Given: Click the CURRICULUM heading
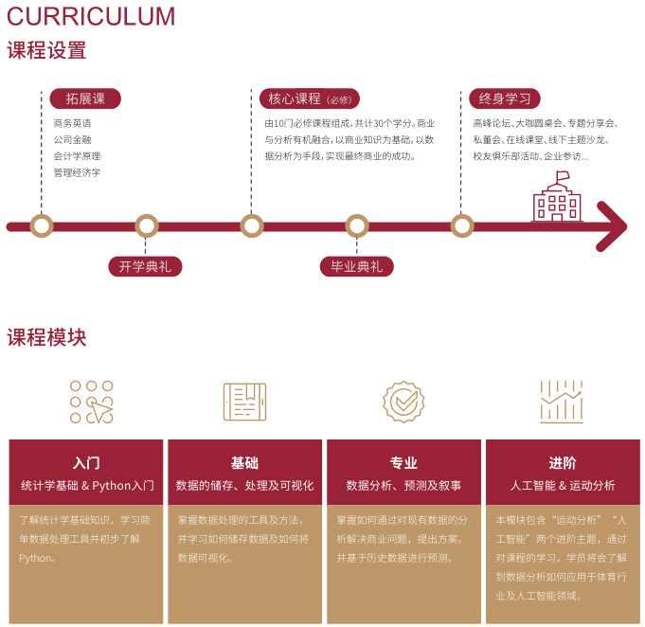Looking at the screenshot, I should pyautogui.click(x=92, y=16).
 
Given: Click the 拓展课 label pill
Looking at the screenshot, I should pyautogui.click(x=85, y=99).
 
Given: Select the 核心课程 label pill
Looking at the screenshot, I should pyautogui.click(x=309, y=99).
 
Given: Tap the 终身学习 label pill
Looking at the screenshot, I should pyautogui.click(x=505, y=99).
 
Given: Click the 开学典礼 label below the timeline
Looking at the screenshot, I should pyautogui.click(x=145, y=266).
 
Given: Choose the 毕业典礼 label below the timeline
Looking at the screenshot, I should pyautogui.click(x=356, y=266).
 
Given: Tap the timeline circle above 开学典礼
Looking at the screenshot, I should pyautogui.click(x=147, y=225).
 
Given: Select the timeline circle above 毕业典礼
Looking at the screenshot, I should pyautogui.click(x=357, y=225).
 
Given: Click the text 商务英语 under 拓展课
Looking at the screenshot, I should pyautogui.click(x=72, y=123).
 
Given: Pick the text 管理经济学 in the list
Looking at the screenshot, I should pyautogui.click(x=77, y=172).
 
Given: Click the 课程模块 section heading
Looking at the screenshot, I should pyautogui.click(x=46, y=337).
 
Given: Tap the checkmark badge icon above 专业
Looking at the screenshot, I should pyautogui.click(x=403, y=402).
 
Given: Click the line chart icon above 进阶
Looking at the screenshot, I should pyautogui.click(x=562, y=402).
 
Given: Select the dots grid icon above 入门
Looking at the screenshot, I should pyautogui.click(x=91, y=402).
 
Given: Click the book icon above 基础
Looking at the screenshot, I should pyautogui.click(x=245, y=402).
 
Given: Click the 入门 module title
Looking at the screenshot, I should pyautogui.click(x=86, y=463).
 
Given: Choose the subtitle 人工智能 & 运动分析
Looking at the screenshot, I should pyautogui.click(x=563, y=485).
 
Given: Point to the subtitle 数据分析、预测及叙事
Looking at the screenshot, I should pyautogui.click(x=403, y=485).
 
